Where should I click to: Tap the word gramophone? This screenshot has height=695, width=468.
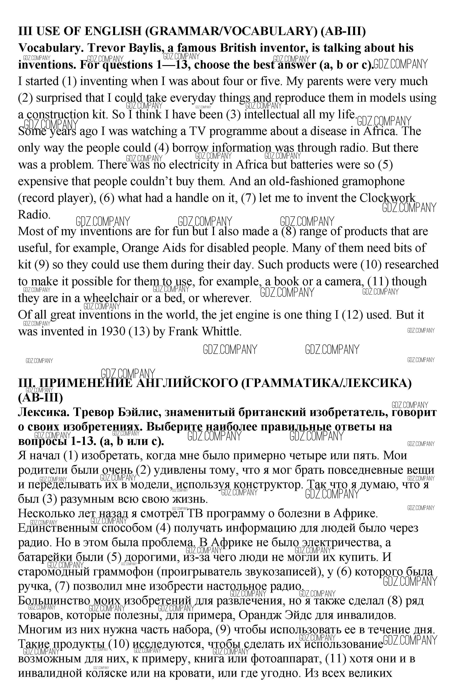tap(373, 181)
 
